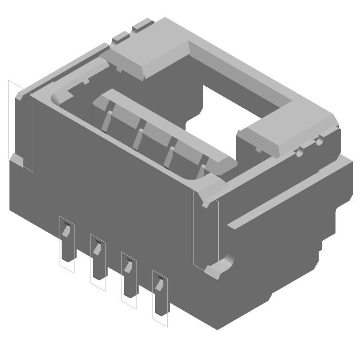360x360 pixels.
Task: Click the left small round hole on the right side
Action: pyautogui.click(x=299, y=153)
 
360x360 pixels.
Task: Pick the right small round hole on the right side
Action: pyautogui.click(x=319, y=142)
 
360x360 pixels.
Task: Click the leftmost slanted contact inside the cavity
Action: pyautogui.click(x=106, y=120)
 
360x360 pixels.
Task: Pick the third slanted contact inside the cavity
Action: pyautogui.click(x=170, y=156)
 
